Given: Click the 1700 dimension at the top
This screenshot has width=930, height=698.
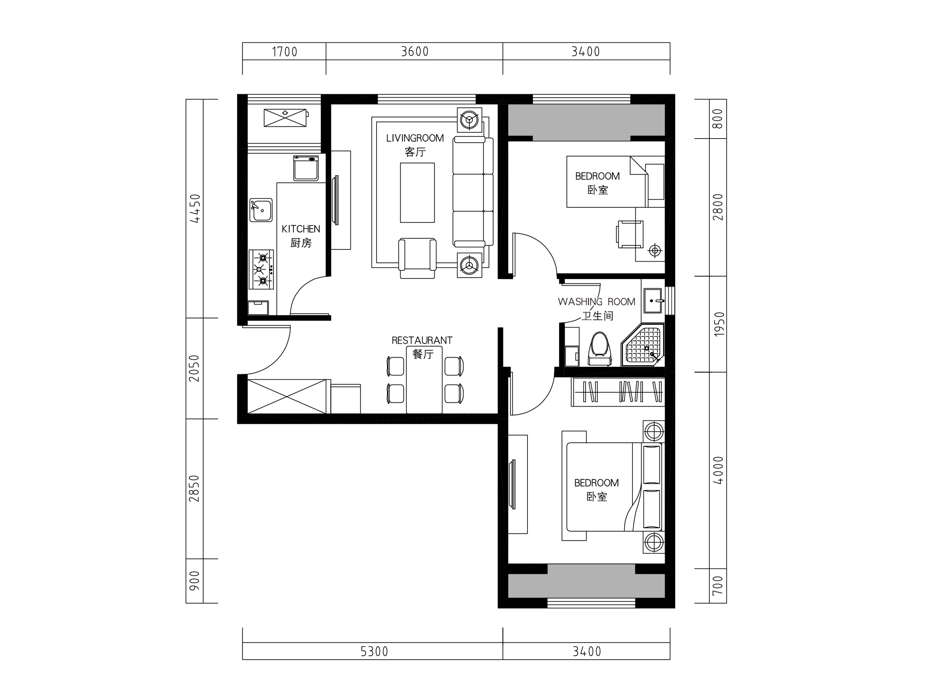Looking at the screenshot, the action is [285, 52].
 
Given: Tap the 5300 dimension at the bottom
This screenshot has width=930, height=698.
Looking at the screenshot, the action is [374, 652].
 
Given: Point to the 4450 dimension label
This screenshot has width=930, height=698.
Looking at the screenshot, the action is [195, 208].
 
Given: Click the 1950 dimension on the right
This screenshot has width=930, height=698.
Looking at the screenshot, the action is [719, 324].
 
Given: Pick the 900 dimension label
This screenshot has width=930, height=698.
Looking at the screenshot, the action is [195, 581].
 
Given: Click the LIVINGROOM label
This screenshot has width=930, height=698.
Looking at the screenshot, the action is [415, 138].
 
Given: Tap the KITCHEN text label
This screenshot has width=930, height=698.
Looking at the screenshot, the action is [301, 229].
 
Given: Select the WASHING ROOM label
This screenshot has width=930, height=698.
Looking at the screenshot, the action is [597, 302].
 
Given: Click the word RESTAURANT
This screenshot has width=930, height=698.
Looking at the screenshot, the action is [422, 341].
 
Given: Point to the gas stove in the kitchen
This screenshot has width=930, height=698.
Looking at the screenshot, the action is [261, 269].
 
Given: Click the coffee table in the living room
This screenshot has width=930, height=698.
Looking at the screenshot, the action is [417, 193].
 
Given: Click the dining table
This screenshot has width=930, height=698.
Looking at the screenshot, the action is [424, 380].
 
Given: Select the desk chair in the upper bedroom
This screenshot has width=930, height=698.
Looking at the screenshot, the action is [630, 234].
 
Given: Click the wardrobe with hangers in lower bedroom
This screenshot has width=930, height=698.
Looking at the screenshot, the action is [618, 392].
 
